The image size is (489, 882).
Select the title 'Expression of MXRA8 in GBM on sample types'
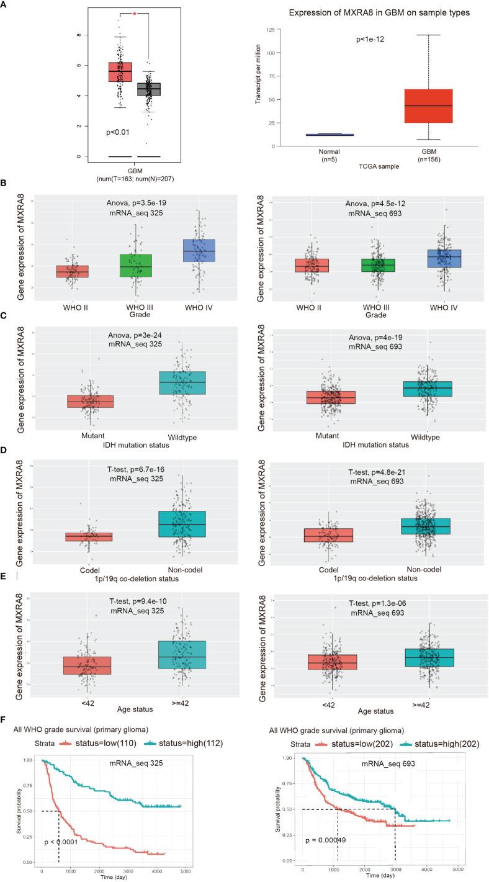(x=371, y=12)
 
